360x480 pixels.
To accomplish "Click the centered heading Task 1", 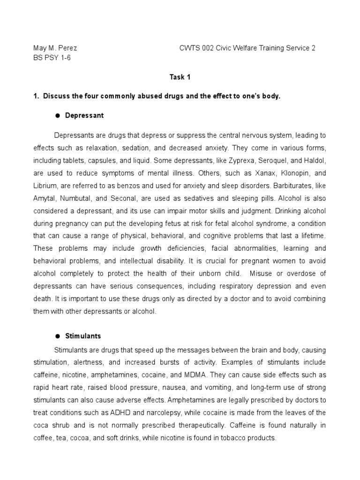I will pos(180,77).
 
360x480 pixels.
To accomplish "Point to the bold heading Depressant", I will pos(84,115).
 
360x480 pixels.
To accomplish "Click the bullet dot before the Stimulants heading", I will pos(57,336).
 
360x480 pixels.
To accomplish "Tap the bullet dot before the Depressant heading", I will pos(57,115).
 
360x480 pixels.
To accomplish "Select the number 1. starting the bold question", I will pos(36,96).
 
